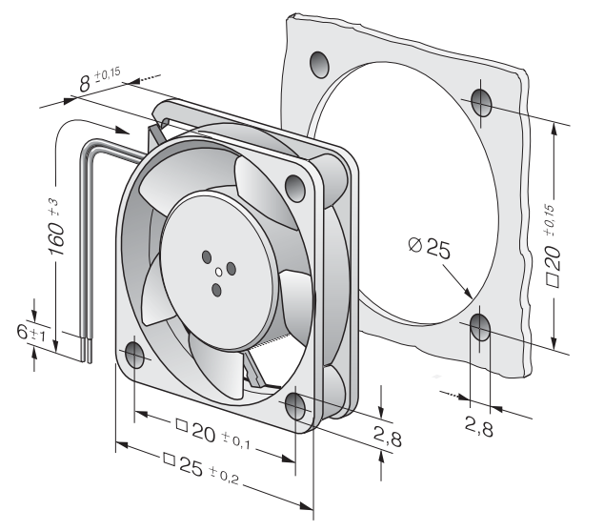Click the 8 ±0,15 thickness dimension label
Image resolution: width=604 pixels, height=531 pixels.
tap(100, 80)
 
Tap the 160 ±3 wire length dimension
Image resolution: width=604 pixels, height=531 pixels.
tap(56, 228)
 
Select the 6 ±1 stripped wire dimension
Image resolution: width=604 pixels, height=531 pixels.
tap(30, 332)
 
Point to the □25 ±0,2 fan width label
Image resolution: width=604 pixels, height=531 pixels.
tap(201, 466)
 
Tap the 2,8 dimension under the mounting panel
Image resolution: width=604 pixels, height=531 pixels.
tap(479, 425)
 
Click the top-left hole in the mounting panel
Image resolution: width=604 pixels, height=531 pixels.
tap(319, 65)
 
